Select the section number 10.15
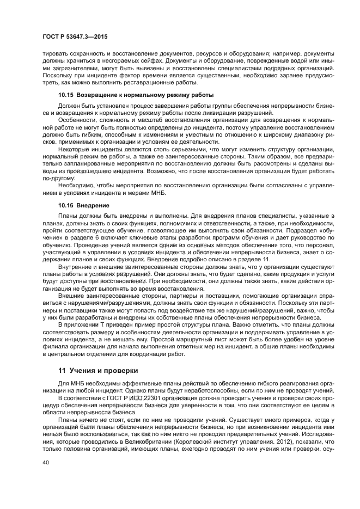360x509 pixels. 66,95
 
